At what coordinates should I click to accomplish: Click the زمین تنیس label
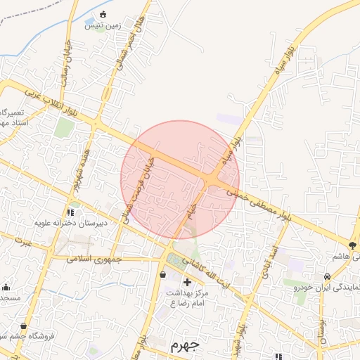pos(103,25)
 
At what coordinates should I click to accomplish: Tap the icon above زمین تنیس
pos(103,14)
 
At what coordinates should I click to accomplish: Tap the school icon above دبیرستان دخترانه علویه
pos(70,212)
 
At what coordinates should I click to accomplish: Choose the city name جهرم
pos(185,346)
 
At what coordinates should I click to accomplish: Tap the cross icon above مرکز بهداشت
pos(186,282)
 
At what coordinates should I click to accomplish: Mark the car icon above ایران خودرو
pos(328,276)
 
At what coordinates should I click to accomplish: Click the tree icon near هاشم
pos(352,245)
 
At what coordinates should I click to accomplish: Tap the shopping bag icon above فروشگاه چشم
pos(25,326)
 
